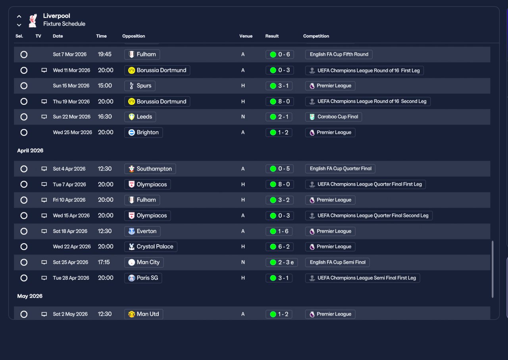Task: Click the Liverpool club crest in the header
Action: [x=33, y=20]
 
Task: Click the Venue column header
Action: [x=246, y=36]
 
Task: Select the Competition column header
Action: [x=316, y=36]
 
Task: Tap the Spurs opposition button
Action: [x=140, y=86]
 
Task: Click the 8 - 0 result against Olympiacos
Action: [x=280, y=184]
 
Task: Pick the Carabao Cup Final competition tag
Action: [x=333, y=117]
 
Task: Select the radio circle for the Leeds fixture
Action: [x=24, y=117]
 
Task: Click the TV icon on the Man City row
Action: [x=44, y=262]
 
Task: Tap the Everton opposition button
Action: [x=142, y=231]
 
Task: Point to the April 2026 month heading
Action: [x=30, y=150]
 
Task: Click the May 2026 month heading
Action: [x=30, y=296]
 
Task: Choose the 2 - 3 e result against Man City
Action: [x=281, y=262]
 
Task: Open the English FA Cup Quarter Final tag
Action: [x=340, y=169]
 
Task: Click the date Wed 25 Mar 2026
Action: [x=72, y=132]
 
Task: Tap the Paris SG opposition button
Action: [x=143, y=278]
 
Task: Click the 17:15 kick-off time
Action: [x=104, y=262]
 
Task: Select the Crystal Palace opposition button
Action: [x=150, y=246]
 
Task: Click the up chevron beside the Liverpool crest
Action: [x=19, y=16]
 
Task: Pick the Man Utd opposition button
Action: [x=144, y=314]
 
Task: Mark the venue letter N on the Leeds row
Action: [x=243, y=117]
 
